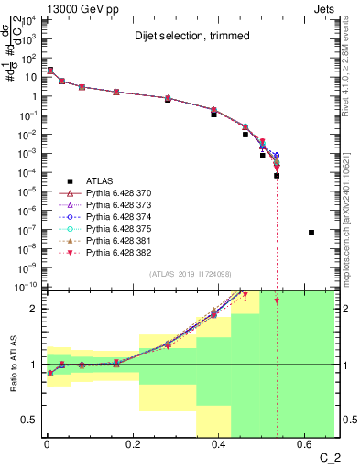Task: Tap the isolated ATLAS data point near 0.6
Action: coord(311,233)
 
